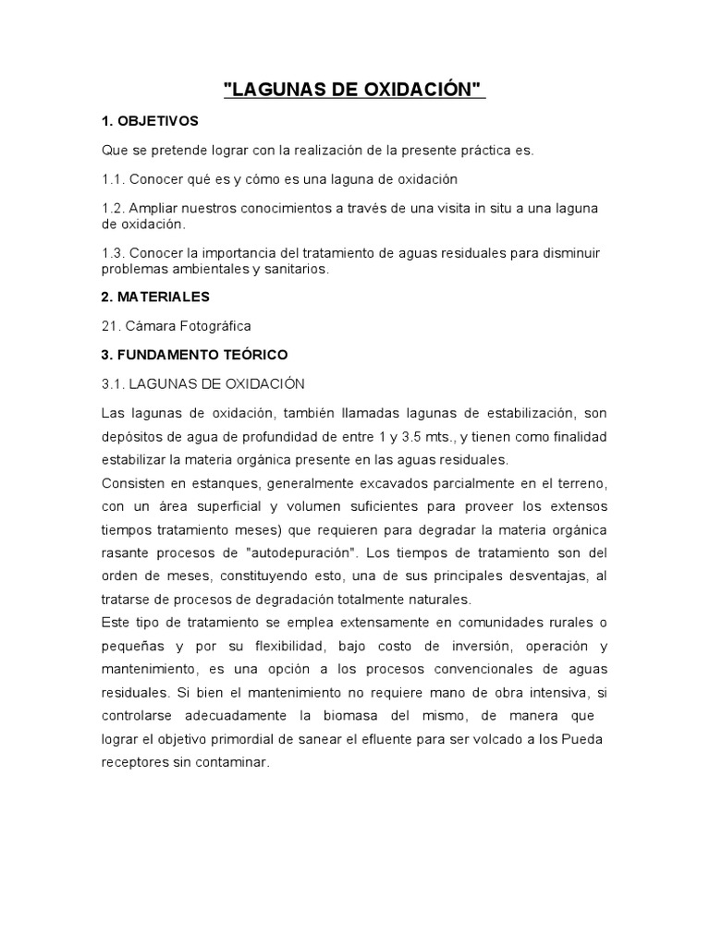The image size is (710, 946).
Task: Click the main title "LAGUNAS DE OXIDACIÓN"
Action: point(355,91)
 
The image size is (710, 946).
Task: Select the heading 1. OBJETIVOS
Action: point(150,121)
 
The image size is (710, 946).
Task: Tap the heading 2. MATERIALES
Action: point(155,297)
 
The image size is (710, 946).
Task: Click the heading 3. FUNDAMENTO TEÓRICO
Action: point(194,354)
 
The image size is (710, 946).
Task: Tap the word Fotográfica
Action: point(215,326)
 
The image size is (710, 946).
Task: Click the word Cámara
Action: point(153,326)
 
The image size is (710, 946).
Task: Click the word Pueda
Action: point(582,739)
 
